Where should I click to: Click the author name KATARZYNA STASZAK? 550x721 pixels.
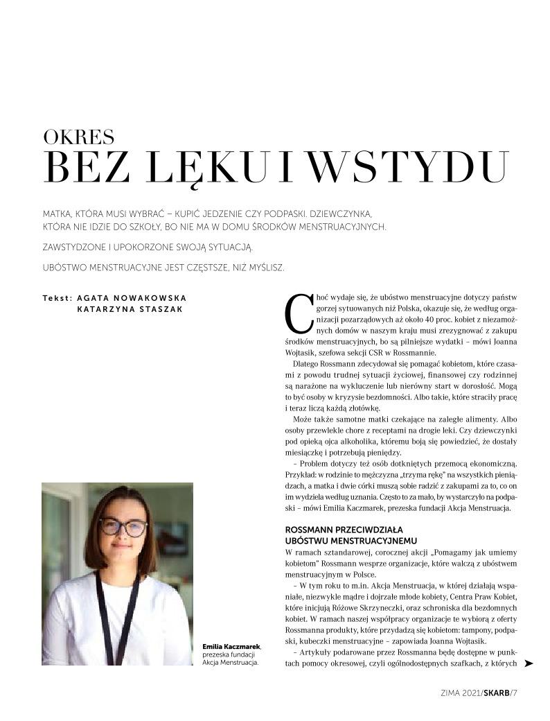130,309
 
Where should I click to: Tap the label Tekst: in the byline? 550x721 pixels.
57,297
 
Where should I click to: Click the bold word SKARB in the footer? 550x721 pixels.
495,691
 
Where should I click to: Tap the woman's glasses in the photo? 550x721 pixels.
123,526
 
